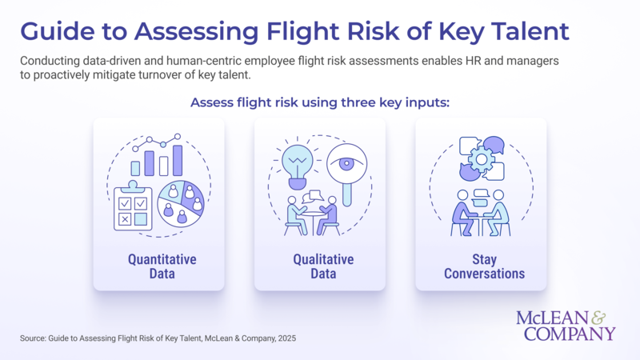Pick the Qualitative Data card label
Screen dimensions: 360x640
pyautogui.click(x=321, y=267)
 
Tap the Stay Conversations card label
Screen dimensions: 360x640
pyautogui.click(x=480, y=267)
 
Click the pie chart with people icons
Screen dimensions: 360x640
pyautogui.click(x=182, y=202)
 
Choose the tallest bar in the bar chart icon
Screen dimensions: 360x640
pyautogui.click(x=178, y=160)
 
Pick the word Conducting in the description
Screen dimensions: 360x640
pyautogui.click(x=51, y=61)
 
